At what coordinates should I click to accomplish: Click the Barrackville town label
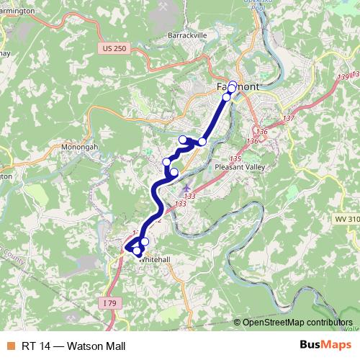[187, 34]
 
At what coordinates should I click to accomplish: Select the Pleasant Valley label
[240, 167]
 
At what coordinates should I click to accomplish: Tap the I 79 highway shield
[109, 303]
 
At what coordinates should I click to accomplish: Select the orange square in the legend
[9, 343]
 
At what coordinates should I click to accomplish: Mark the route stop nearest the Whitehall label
[145, 242]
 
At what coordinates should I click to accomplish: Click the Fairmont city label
[238, 86]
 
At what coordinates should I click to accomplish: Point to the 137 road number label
[289, 118]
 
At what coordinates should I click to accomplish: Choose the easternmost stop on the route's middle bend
[202, 142]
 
